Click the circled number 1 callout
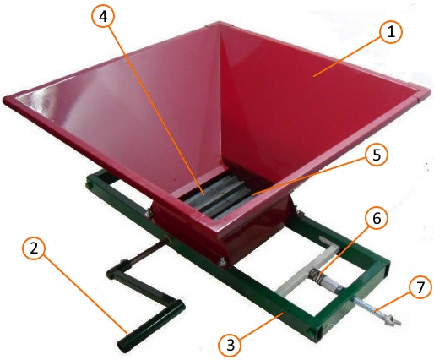point(391,32)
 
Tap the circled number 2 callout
point(34,248)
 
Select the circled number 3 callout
point(231,345)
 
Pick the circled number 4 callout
point(103,16)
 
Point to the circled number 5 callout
point(377,155)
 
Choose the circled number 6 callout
point(377,219)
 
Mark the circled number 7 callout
point(420,287)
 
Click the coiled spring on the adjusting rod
point(316,275)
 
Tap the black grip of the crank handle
point(150,327)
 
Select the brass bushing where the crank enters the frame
point(168,240)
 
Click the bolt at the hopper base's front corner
point(223,262)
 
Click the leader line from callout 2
point(84,294)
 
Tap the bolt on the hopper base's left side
point(148,213)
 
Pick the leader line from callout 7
point(393,303)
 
